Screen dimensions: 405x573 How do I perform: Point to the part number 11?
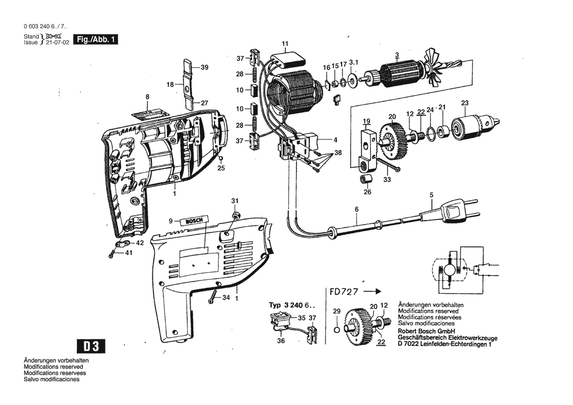point(285,43)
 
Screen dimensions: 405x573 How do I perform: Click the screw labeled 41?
point(113,253)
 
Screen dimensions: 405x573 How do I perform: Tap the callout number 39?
point(204,68)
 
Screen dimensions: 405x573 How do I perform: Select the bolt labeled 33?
point(387,165)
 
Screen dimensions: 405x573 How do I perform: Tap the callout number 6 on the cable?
point(357,210)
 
